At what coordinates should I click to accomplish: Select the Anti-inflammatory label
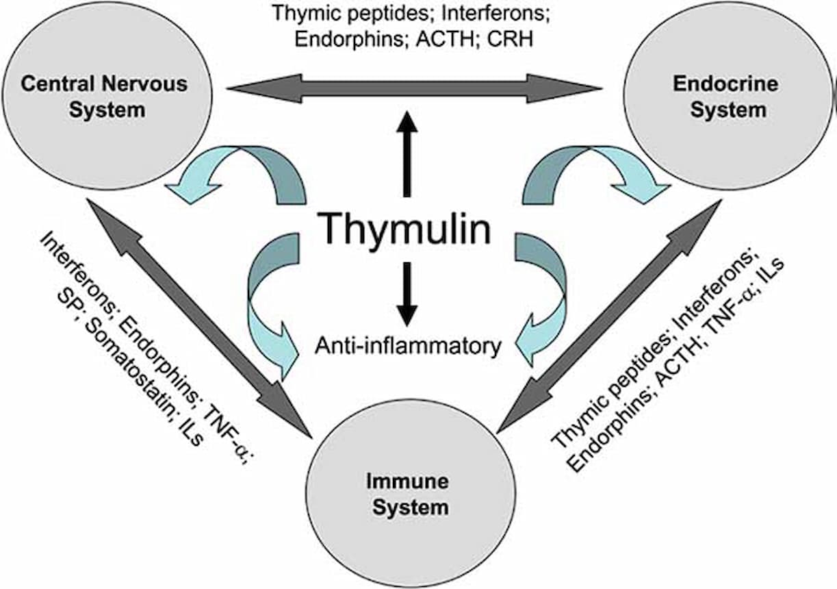408,345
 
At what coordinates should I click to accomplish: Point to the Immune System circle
407,493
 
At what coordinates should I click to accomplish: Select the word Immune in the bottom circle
407,481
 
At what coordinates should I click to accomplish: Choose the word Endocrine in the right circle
725,84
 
